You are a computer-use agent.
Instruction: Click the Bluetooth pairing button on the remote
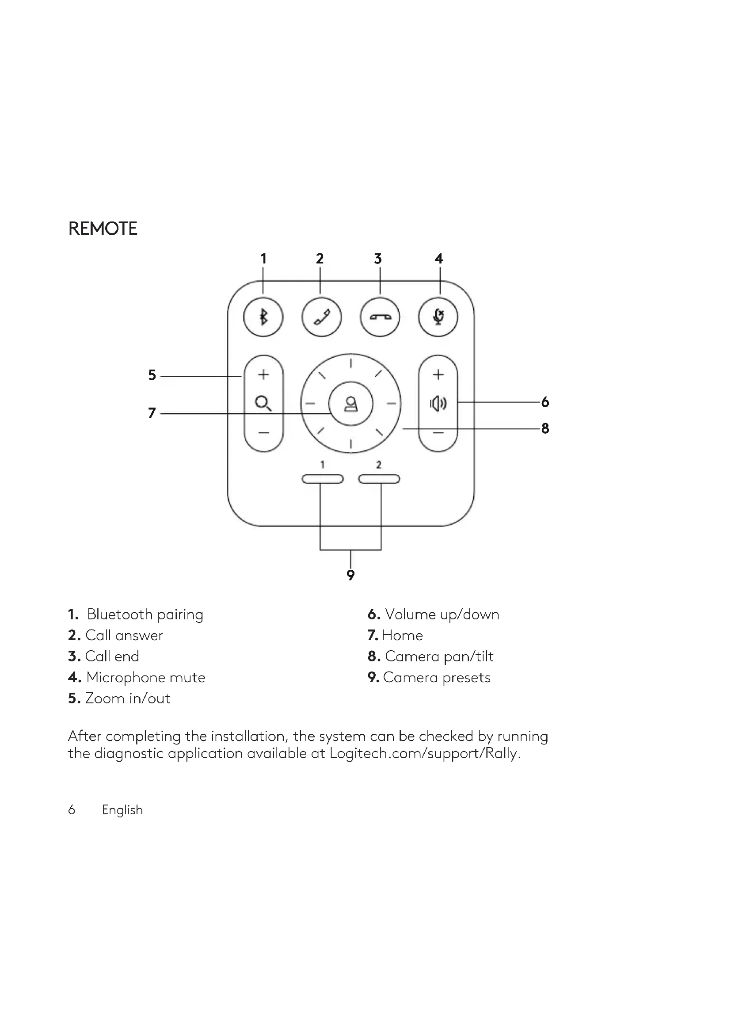pyautogui.click(x=263, y=317)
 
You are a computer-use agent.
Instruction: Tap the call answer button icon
pyautogui.click(x=321, y=317)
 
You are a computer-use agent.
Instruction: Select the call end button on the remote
pyautogui.click(x=380, y=317)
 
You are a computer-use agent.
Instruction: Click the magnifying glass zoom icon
pyautogui.click(x=263, y=403)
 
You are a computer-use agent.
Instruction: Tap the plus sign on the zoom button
pyautogui.click(x=263, y=374)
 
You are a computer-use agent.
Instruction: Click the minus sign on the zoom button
pyautogui.click(x=263, y=433)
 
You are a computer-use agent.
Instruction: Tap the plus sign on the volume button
pyautogui.click(x=438, y=374)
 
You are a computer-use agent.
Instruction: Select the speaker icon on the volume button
pyautogui.click(x=438, y=404)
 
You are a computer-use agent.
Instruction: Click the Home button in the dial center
pyautogui.click(x=350, y=404)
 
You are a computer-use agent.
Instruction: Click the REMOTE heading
pyautogui.click(x=103, y=229)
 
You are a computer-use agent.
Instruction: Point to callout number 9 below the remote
pyautogui.click(x=350, y=575)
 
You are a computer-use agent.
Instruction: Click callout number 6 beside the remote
pyautogui.click(x=545, y=402)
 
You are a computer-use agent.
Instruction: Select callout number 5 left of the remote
pyautogui.click(x=152, y=375)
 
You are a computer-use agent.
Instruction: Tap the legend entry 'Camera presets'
pyautogui.click(x=436, y=677)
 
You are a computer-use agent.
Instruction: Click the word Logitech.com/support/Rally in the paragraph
pyautogui.click(x=424, y=753)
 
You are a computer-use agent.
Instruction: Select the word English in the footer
pyautogui.click(x=122, y=810)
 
